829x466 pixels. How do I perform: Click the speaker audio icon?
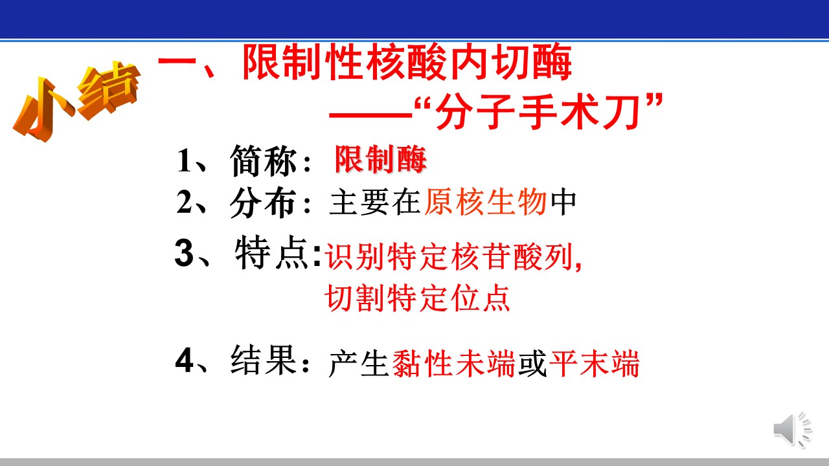click(792, 430)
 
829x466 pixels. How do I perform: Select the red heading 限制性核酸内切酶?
click(407, 61)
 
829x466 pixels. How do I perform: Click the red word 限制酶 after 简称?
click(381, 159)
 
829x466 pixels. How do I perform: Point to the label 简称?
click(264, 161)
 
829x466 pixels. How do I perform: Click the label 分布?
click(264, 203)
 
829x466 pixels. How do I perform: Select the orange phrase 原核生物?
click(486, 202)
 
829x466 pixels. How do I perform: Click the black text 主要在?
click(375, 202)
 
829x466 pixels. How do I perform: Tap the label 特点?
click(272, 253)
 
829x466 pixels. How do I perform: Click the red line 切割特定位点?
click(418, 298)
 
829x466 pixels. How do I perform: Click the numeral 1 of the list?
click(184, 161)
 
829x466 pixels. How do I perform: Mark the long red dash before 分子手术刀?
click(371, 115)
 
